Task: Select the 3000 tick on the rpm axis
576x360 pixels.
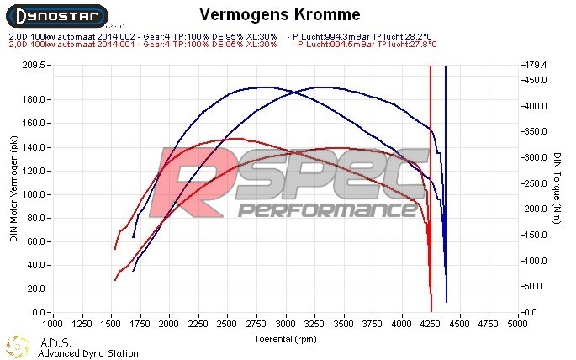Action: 286,322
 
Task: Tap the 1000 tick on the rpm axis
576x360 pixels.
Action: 52,322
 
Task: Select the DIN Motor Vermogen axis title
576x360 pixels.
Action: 13,190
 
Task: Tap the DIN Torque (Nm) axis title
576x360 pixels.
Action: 558,190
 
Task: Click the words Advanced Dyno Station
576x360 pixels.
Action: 88,353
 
